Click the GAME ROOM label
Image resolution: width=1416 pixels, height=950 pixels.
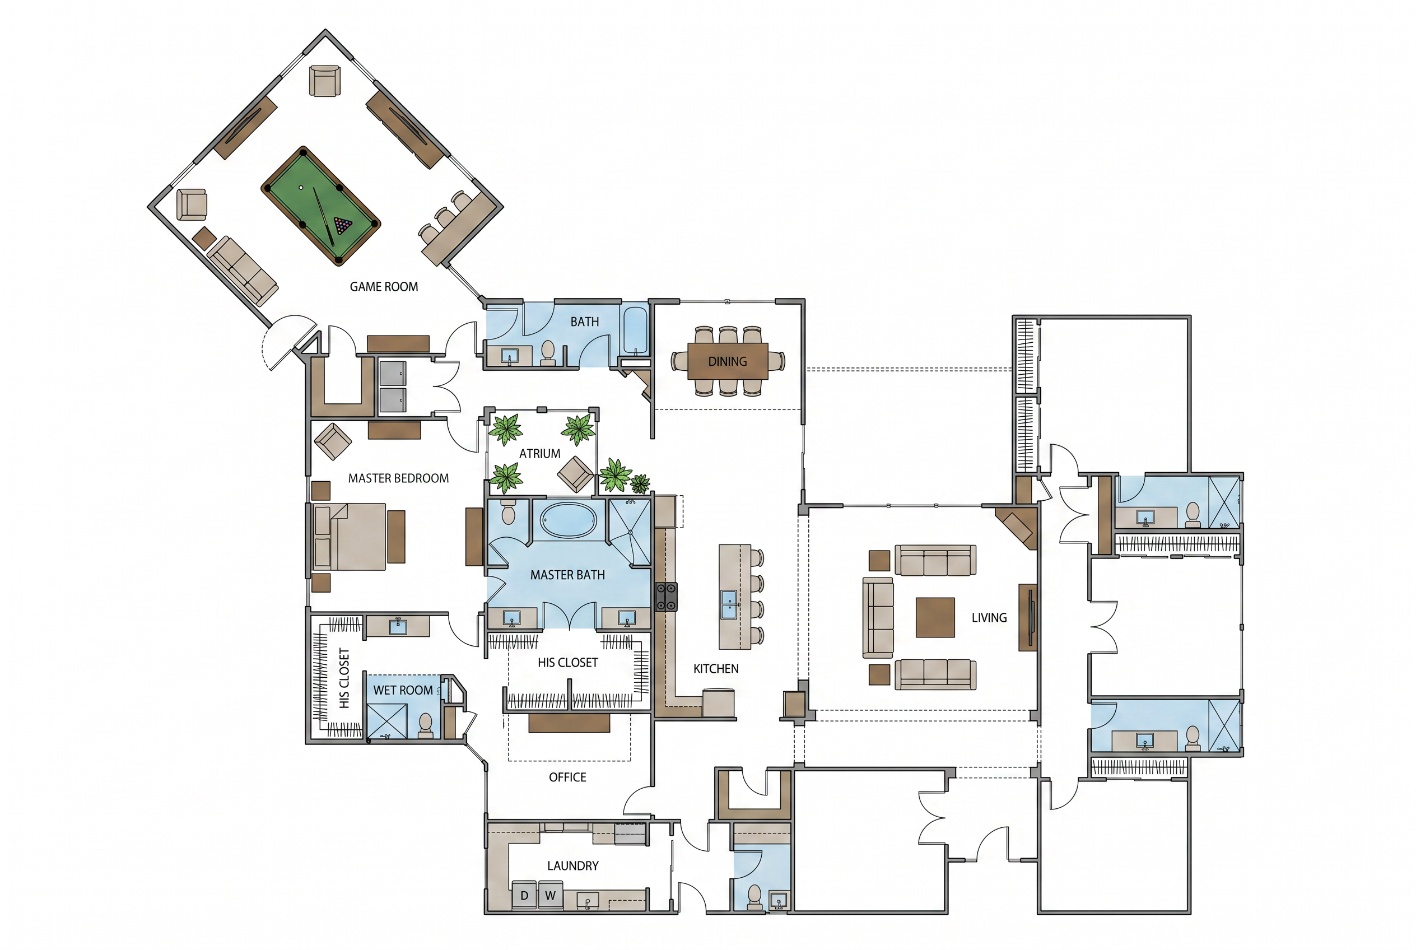[x=384, y=287]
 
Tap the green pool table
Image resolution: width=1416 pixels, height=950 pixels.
[x=320, y=206]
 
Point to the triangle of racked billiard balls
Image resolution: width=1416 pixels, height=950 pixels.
[x=343, y=225]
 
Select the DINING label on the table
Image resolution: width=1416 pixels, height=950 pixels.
[x=727, y=362]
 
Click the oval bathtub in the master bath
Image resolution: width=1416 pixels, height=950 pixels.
[x=569, y=520]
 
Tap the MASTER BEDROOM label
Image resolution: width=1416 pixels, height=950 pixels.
[x=398, y=478]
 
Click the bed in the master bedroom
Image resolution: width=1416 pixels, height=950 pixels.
[x=349, y=537]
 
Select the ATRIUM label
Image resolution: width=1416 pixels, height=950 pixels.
[x=539, y=453]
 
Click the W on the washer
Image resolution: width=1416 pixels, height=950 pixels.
[x=550, y=896]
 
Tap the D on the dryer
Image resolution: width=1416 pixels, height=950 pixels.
[x=524, y=896]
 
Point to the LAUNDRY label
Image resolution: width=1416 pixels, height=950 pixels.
[x=572, y=866]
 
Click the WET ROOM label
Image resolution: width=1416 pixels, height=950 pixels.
[x=403, y=690]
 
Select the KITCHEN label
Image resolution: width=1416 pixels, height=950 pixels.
[x=716, y=669]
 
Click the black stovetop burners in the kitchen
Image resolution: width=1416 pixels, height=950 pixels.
[x=666, y=596]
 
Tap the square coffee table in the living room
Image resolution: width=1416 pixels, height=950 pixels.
[x=935, y=617]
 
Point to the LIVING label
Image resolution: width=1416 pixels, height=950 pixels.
[x=989, y=617]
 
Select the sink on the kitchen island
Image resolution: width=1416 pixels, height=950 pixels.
[x=729, y=604]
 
